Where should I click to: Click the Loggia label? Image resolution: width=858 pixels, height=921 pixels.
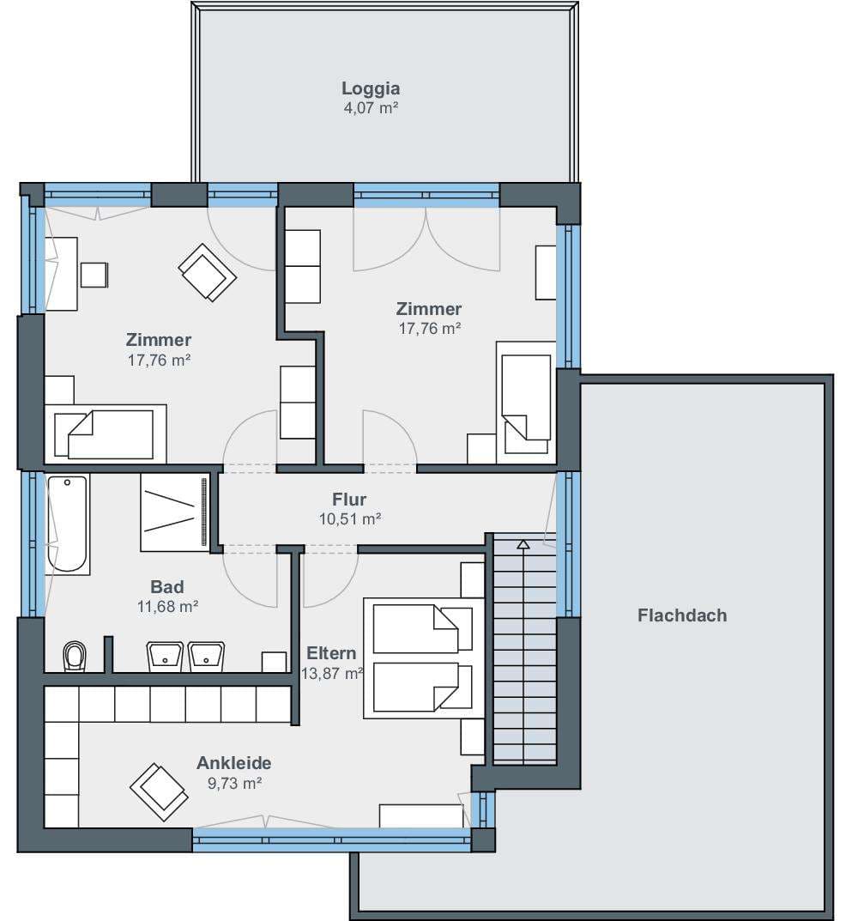tap(371, 88)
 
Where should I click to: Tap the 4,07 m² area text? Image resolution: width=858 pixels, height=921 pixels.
tap(371, 108)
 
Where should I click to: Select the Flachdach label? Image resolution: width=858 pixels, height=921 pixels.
tap(682, 615)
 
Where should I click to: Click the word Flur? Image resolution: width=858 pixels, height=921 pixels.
tap(349, 500)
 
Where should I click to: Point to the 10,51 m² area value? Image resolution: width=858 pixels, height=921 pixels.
tap(350, 519)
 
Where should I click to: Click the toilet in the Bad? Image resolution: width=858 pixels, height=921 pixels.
tap(75, 656)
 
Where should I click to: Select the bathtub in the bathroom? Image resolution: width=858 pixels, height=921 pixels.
tap(68, 524)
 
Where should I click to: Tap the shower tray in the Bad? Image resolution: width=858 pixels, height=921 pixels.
tap(174, 512)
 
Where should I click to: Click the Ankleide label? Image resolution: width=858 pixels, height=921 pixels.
tap(233, 763)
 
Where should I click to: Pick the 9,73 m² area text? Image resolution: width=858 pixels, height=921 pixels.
tap(234, 783)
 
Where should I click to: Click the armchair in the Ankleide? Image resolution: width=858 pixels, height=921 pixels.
tap(159, 791)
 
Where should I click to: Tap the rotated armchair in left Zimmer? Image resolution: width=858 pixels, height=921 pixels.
tap(208, 273)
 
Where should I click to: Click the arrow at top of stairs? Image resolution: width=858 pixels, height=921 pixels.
tap(523, 544)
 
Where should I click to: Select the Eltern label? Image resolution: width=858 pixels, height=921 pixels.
tap(331, 653)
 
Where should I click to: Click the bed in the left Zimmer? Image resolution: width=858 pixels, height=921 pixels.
tap(106, 433)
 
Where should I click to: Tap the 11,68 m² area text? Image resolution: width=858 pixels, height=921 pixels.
tap(167, 606)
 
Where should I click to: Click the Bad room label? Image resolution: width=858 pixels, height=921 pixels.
tap(167, 587)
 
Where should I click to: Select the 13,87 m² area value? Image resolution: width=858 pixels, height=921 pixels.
tap(332, 673)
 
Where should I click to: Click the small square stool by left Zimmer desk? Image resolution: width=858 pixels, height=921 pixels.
tap(94, 275)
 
